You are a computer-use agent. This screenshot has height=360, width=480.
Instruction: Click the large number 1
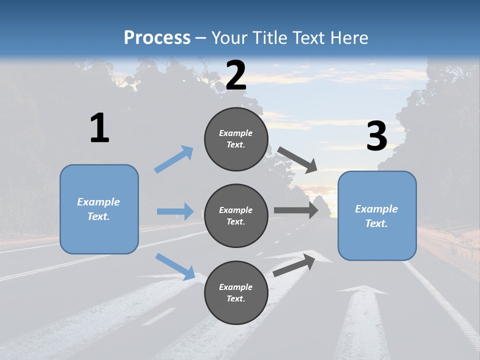click(x=99, y=128)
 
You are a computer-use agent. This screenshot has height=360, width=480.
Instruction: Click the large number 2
click(x=236, y=75)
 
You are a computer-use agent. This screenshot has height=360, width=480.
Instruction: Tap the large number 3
click(x=376, y=136)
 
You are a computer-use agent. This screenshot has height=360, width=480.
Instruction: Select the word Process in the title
click(x=157, y=37)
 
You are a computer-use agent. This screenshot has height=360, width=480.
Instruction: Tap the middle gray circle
click(x=236, y=216)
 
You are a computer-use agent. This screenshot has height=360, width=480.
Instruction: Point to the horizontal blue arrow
click(x=175, y=211)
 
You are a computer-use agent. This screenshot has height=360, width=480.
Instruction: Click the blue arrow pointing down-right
click(x=175, y=266)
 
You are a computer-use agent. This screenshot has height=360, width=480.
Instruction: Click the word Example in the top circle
click(x=236, y=133)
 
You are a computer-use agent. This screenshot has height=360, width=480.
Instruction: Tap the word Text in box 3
click(x=376, y=223)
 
